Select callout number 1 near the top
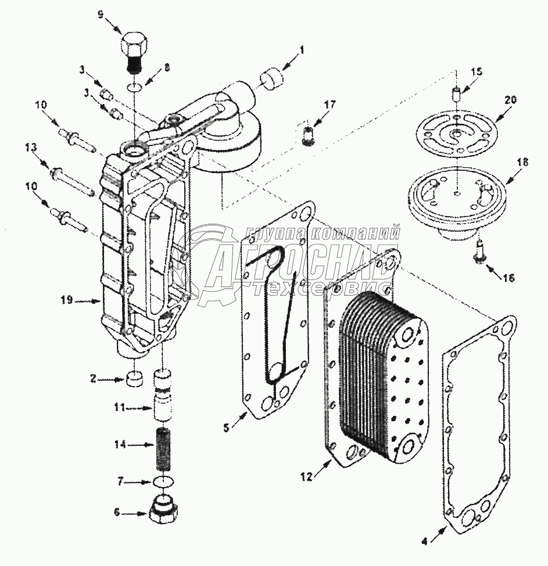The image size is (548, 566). [x=302, y=49]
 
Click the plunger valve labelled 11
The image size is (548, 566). [x=163, y=395]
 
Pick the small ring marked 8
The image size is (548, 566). [x=134, y=87]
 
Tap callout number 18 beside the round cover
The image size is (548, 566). [x=524, y=162]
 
